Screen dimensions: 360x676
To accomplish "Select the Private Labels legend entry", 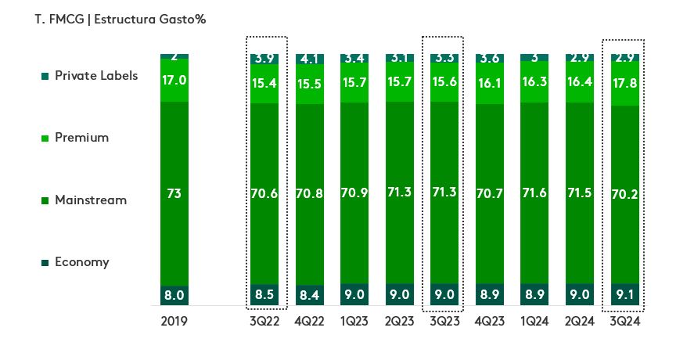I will [95, 76].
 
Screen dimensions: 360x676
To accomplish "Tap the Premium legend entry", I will [81, 138].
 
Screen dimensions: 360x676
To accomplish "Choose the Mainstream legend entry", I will [90, 200].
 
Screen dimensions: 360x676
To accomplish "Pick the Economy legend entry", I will [81, 262].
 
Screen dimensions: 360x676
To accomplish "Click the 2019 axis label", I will [174, 320].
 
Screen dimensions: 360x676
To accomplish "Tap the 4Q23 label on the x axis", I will [489, 320].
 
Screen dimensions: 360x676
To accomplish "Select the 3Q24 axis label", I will [622, 320].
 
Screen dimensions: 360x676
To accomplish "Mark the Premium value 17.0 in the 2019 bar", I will [174, 80].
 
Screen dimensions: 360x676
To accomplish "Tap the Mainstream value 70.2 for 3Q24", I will [622, 194].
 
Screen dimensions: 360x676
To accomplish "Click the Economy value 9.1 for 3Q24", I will [622, 295].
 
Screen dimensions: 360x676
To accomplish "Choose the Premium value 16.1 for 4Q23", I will [489, 81].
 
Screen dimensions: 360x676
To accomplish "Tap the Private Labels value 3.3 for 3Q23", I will [444, 58].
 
